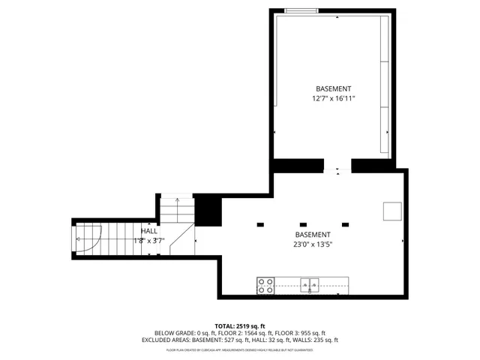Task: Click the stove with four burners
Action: [x=265, y=285]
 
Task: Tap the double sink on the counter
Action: [x=310, y=284]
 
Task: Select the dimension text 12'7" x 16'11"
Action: [x=333, y=98]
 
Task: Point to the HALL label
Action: [x=149, y=231]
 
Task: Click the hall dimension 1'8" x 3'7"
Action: [x=148, y=241]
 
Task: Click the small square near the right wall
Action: [x=392, y=211]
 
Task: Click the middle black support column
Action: [x=303, y=223]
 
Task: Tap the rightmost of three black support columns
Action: [x=346, y=223]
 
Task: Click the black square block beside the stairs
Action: [x=207, y=210]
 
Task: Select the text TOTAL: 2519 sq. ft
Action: [x=240, y=325]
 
